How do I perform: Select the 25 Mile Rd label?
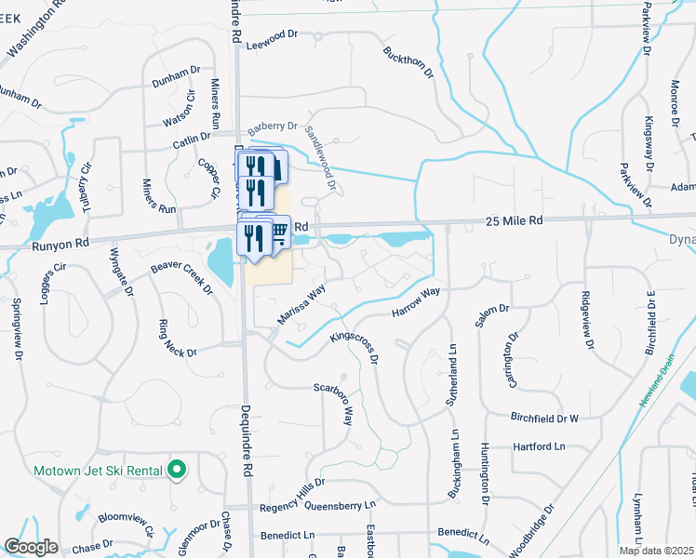coord(514,220)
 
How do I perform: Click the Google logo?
coord(32,547)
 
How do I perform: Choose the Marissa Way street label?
coord(301,304)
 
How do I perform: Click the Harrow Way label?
coord(415,300)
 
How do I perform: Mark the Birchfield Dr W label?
coord(544,418)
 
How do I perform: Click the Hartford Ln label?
coord(539,447)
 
